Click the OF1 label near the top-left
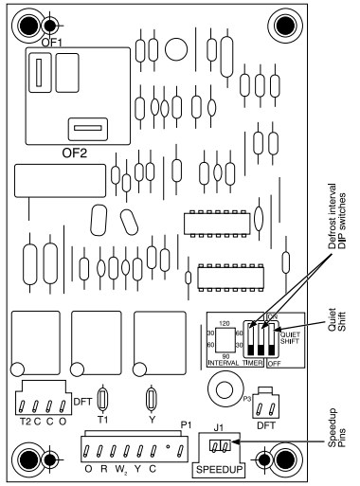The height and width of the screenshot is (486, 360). pyautogui.click(x=51, y=41)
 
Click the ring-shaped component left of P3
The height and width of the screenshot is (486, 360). pyautogui.click(x=224, y=388)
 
